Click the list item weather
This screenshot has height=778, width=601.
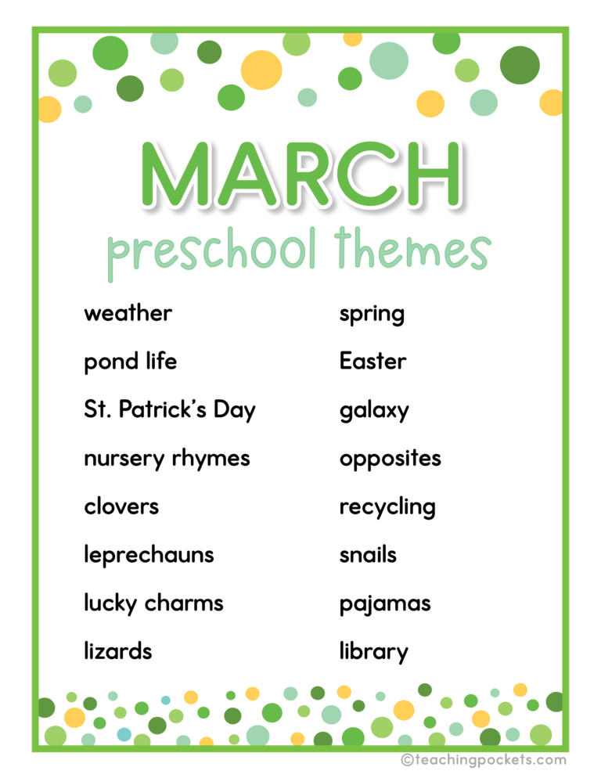click(128, 313)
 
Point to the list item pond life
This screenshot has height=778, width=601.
click(130, 362)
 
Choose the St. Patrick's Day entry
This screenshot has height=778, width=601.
click(169, 410)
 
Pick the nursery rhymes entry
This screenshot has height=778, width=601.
click(167, 459)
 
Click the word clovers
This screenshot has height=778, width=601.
click(121, 506)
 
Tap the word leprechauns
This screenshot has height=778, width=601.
click(149, 555)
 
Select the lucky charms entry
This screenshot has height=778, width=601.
click(153, 603)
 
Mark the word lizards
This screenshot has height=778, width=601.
click(117, 651)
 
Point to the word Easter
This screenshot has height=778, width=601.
click(372, 362)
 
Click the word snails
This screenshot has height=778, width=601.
click(368, 555)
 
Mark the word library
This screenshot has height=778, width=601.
click(373, 652)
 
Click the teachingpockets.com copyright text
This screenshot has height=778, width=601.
click(483, 759)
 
